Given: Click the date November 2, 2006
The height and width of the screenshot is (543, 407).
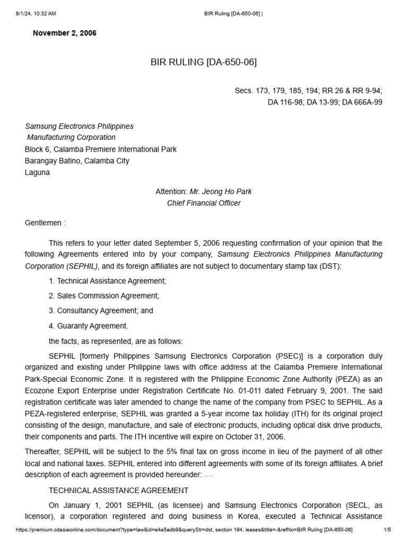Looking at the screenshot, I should tap(65, 33).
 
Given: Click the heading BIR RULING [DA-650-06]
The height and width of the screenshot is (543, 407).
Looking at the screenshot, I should tap(203, 63).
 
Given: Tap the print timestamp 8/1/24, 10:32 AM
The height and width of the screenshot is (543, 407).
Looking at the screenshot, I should tap(36, 13).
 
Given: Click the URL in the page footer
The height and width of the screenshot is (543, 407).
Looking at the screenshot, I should tap(184, 530).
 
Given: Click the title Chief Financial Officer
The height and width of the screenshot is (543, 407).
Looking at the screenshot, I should tap(203, 203).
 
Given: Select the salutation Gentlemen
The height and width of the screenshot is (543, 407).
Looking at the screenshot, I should tap(45, 223).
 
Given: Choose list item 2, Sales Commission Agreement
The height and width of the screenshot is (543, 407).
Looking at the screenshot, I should tap(104, 296).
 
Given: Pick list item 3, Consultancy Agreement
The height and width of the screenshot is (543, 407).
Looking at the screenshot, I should tap(101, 311).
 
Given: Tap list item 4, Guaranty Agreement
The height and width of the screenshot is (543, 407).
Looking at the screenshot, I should tap(89, 326).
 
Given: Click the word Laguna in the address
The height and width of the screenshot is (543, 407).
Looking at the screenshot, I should tap(37, 172).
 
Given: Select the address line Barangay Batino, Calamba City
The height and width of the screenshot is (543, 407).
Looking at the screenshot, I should tap(77, 161).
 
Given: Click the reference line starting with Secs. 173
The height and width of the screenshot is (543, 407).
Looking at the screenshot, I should tap(308, 91).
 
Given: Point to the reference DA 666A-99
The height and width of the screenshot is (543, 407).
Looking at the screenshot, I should tap(362, 102).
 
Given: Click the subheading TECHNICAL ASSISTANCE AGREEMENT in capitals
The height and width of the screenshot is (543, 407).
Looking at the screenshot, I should tap(118, 491).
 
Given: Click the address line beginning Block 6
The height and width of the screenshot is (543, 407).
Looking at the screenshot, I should tap(101, 149).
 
